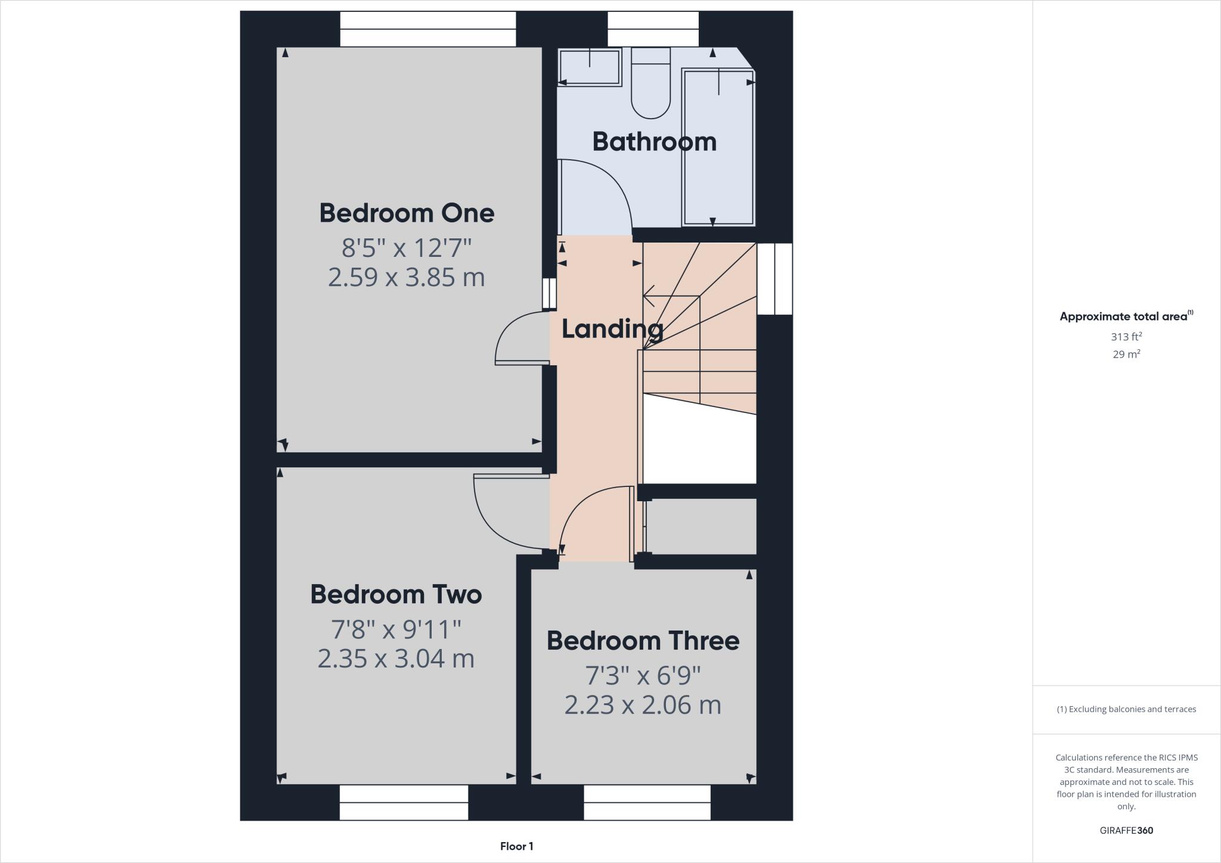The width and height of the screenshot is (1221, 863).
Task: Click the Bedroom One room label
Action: pos(407,213)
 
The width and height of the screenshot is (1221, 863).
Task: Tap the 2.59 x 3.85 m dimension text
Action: pos(407,278)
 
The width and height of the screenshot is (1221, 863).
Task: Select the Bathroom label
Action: pos(654,142)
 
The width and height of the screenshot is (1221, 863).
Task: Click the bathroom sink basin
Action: pos(589,67)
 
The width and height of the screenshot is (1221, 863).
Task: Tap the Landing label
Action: pos(612,329)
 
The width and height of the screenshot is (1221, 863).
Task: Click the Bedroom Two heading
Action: pos(396,595)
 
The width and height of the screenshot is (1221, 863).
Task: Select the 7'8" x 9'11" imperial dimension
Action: pos(396,629)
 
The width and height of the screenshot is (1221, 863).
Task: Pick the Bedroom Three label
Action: pos(643,641)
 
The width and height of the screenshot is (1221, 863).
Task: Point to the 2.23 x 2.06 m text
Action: pos(643,705)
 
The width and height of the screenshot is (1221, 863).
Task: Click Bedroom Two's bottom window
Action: pos(404,802)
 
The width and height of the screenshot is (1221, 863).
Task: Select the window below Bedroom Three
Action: pos(647,802)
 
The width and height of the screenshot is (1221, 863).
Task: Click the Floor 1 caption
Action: pos(516,846)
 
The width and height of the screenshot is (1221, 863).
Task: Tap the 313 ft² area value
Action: pos(1126,337)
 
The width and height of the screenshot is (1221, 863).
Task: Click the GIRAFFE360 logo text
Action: pos(1126,830)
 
